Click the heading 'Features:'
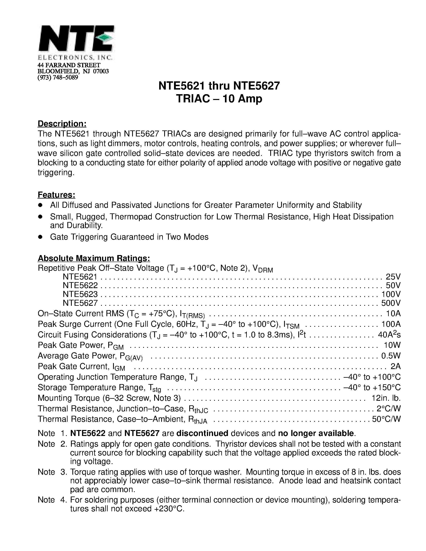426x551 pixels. click(56, 195)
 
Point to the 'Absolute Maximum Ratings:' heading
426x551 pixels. click(94, 258)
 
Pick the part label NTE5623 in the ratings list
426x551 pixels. click(80, 294)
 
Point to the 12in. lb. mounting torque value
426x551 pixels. click(386, 398)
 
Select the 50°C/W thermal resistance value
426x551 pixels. click(386, 420)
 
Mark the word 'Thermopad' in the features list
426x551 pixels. click(131, 217)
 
